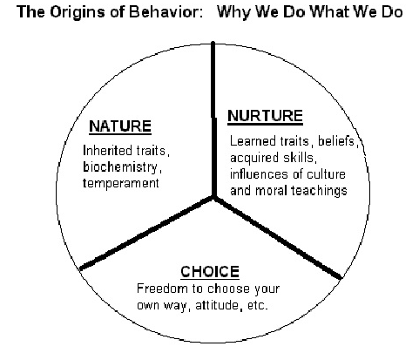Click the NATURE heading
coord(120,126)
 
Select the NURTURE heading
coord(265,116)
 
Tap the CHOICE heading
coord(210,272)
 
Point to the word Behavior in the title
coord(166,12)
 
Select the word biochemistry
coord(121,167)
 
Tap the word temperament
coord(121,183)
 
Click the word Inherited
coord(107,151)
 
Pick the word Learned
coord(253,141)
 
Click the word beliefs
coord(336,141)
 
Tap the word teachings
coord(319,191)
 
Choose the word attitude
coord(217,305)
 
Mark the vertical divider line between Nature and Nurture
coord(213,119)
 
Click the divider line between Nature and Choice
coord(146,233)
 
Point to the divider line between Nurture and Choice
coord(278,238)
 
